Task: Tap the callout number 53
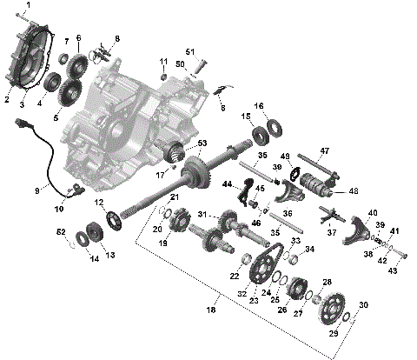(x=202, y=142)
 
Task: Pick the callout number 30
(x=363, y=305)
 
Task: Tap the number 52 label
(x=62, y=231)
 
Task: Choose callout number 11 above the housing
(x=162, y=60)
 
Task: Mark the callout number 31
(x=201, y=216)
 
